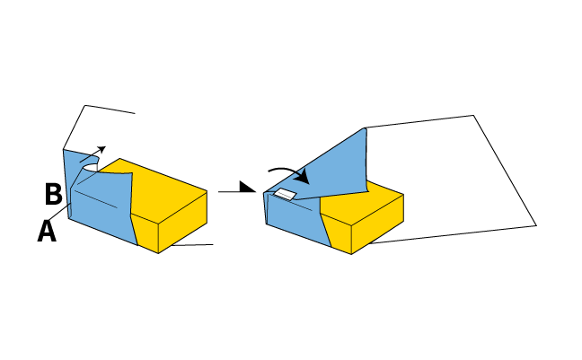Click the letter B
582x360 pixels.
coord(54,194)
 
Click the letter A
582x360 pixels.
coord(47,231)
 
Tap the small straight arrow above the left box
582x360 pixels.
coord(93,154)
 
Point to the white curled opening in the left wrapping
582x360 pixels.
coord(91,168)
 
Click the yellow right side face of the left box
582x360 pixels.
coord(183,222)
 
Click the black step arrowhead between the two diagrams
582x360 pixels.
coord(248,187)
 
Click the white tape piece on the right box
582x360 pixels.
coord(285,194)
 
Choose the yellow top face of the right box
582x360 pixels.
coord(367,202)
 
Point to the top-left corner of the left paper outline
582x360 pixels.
coord(85,105)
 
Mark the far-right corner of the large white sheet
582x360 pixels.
coord(536,225)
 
